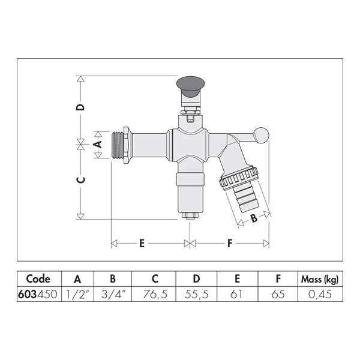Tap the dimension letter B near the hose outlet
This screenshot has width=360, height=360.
click(x=253, y=218)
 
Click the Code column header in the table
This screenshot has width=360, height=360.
click(x=38, y=279)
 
